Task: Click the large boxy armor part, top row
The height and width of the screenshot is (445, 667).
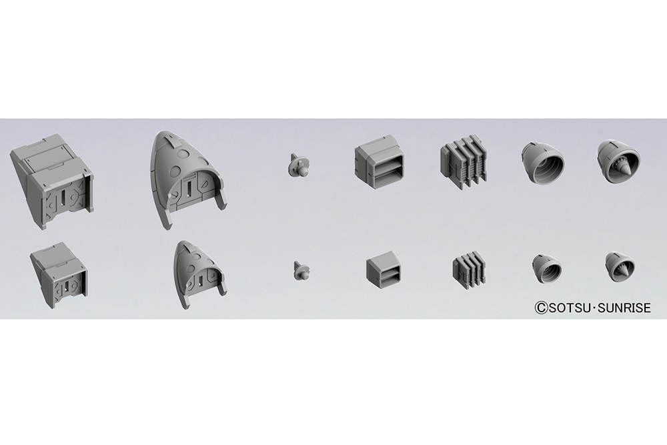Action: (52, 182)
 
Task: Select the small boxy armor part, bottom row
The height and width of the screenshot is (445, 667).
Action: (59, 276)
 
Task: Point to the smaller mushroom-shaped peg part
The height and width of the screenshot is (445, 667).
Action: (301, 271)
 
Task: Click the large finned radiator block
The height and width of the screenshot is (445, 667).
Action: (462, 162)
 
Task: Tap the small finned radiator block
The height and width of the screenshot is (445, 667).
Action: (468, 270)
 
